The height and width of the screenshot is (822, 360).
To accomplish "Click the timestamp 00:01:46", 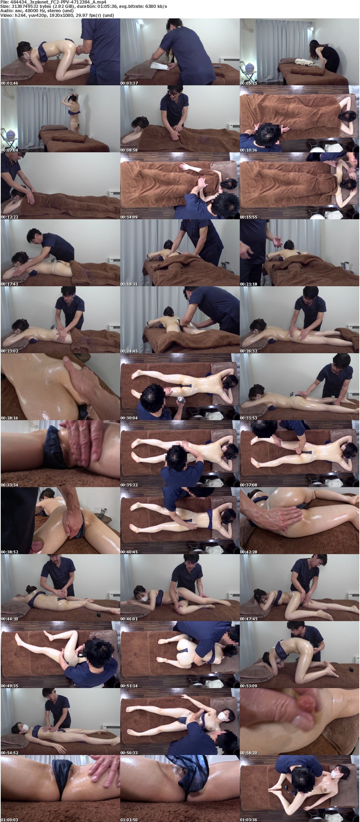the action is [9, 83].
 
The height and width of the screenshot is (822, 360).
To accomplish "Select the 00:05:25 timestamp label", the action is [248, 83].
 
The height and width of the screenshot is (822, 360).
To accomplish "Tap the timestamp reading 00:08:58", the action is [129, 150].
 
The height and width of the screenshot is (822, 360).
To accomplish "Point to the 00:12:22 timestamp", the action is [9, 217].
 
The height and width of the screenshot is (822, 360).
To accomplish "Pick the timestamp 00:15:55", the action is [248, 217].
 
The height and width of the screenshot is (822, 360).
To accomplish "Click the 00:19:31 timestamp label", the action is [129, 284].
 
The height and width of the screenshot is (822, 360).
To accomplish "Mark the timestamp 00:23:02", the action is [9, 351].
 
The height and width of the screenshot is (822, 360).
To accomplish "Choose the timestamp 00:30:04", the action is [129, 418].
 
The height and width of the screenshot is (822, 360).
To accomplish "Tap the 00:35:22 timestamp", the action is [129, 485].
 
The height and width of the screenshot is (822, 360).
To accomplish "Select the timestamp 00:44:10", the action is [9, 619].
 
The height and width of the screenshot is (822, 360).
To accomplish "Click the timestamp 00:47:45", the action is [248, 619].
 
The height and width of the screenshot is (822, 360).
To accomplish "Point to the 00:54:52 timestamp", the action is [9, 753].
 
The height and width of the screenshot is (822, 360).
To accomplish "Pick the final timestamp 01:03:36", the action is [248, 820].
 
